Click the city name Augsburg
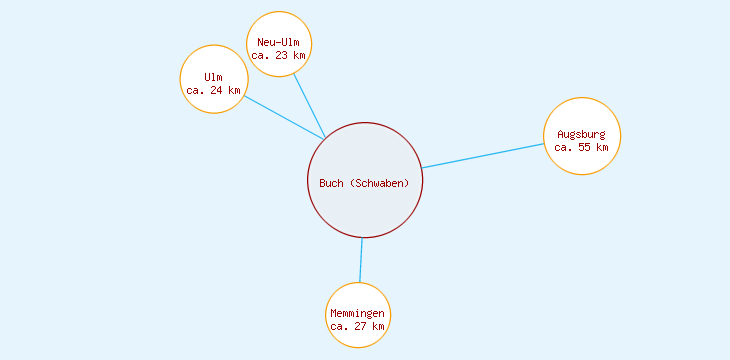click(x=581, y=134)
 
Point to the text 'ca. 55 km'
click(x=581, y=147)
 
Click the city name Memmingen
click(x=357, y=314)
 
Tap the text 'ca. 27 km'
click(x=357, y=327)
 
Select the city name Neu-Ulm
click(x=278, y=42)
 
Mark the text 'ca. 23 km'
click(x=278, y=55)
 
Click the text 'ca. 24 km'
click(x=213, y=90)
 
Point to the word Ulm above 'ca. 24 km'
click(x=213, y=77)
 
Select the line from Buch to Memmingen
click(x=361, y=260)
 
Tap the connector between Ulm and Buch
click(x=285, y=118)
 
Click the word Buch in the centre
click(x=331, y=182)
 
